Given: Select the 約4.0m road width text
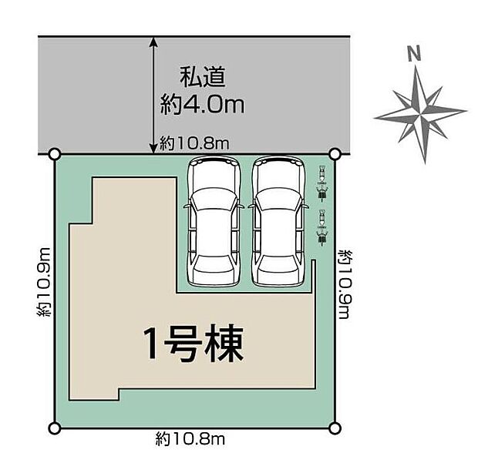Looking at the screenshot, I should pyautogui.click(x=203, y=104).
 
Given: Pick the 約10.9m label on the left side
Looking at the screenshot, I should pyautogui.click(x=45, y=283).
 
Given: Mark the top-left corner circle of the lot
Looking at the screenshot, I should pyautogui.click(x=54, y=155).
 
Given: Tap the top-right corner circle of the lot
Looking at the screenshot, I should pyautogui.click(x=335, y=155).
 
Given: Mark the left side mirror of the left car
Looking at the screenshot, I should pyautogui.click(x=186, y=206).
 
